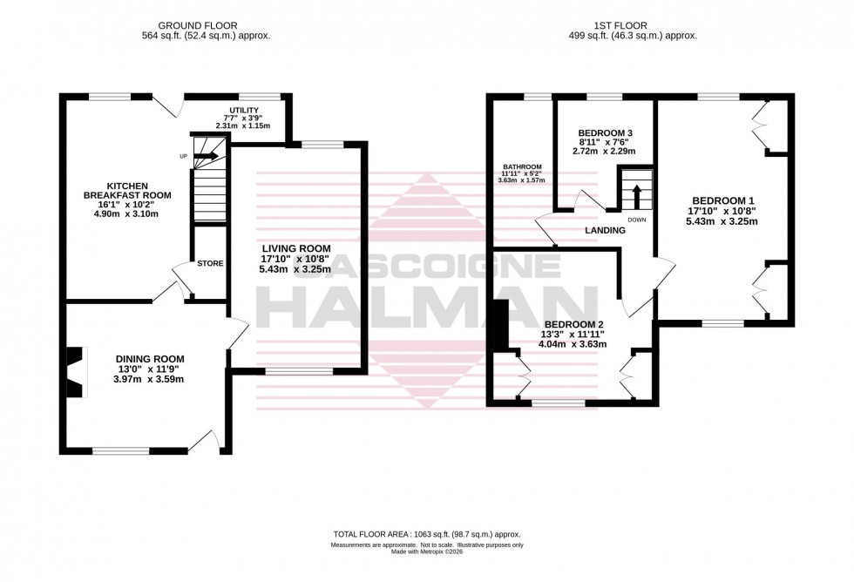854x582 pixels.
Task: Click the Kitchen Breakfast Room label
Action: (x=139, y=191)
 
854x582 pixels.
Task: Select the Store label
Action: (x=210, y=263)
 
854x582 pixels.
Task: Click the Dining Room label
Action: (x=150, y=358)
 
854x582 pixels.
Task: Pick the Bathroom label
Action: (x=522, y=167)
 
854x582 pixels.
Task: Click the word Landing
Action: (x=605, y=231)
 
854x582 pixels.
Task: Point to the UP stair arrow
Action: (x=207, y=157)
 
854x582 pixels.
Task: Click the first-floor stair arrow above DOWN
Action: (x=636, y=193)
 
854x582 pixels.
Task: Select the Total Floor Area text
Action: (x=426, y=534)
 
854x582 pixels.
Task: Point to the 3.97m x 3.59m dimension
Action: (x=150, y=379)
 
